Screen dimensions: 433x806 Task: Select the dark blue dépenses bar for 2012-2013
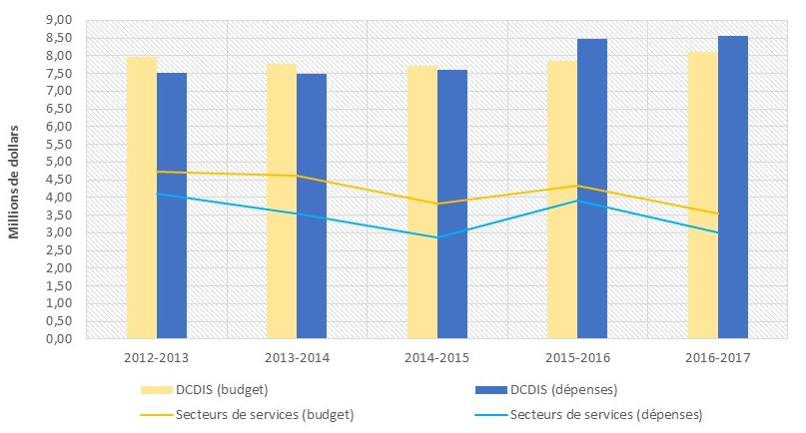click(172, 206)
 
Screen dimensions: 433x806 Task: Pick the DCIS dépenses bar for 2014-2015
click(452, 204)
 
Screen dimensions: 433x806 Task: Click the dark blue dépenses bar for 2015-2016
click(592, 189)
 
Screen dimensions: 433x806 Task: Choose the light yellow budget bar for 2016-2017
click(702, 196)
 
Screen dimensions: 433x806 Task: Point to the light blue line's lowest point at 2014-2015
click(436, 237)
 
